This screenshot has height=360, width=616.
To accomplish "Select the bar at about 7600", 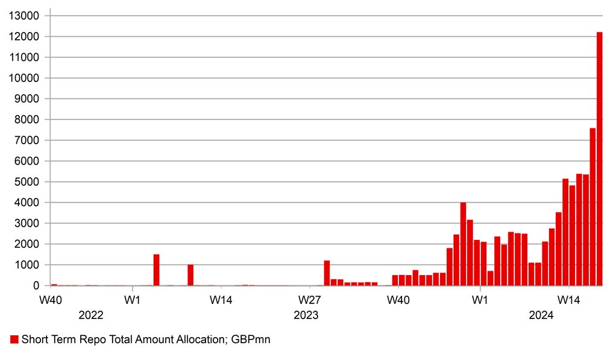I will pyautogui.click(x=592, y=207).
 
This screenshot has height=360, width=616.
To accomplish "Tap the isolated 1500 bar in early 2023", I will pyautogui.click(x=157, y=270).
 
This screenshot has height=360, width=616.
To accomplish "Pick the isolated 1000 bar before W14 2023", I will pyautogui.click(x=190, y=275).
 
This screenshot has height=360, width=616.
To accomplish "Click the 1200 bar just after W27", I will pyautogui.click(x=327, y=273).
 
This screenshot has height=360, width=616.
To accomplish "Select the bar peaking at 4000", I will pyautogui.click(x=463, y=244).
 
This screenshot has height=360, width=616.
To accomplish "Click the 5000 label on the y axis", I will pyautogui.click(x=27, y=182).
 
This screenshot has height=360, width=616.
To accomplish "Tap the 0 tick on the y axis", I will pyautogui.click(x=36, y=286).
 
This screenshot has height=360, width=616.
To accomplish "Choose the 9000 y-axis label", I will pyautogui.click(x=27, y=99).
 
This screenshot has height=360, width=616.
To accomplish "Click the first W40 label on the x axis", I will pyautogui.click(x=51, y=300).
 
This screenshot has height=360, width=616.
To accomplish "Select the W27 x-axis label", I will pyautogui.click(x=309, y=300).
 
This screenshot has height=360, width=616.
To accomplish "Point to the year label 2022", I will pyautogui.click(x=91, y=315).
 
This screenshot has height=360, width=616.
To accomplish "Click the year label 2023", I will pyautogui.click(x=306, y=315).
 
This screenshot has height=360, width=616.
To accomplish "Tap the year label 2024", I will pyautogui.click(x=541, y=315).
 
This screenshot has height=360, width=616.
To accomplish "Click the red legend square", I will pyautogui.click(x=14, y=340).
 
